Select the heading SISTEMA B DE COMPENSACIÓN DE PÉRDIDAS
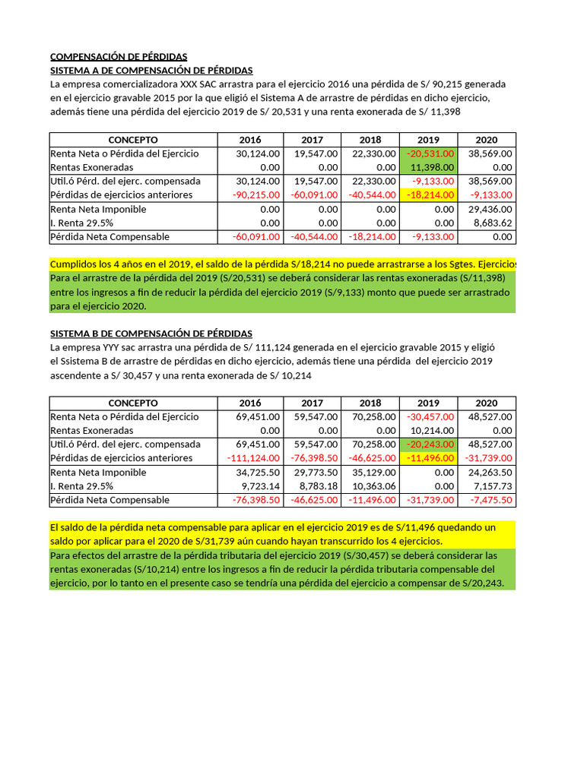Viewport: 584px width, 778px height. [151, 334]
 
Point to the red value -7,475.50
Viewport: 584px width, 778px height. [488, 500]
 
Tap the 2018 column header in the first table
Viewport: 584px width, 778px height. [370, 140]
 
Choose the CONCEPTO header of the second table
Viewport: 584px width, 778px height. [133, 403]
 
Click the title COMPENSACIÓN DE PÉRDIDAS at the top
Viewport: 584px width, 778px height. [119, 57]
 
